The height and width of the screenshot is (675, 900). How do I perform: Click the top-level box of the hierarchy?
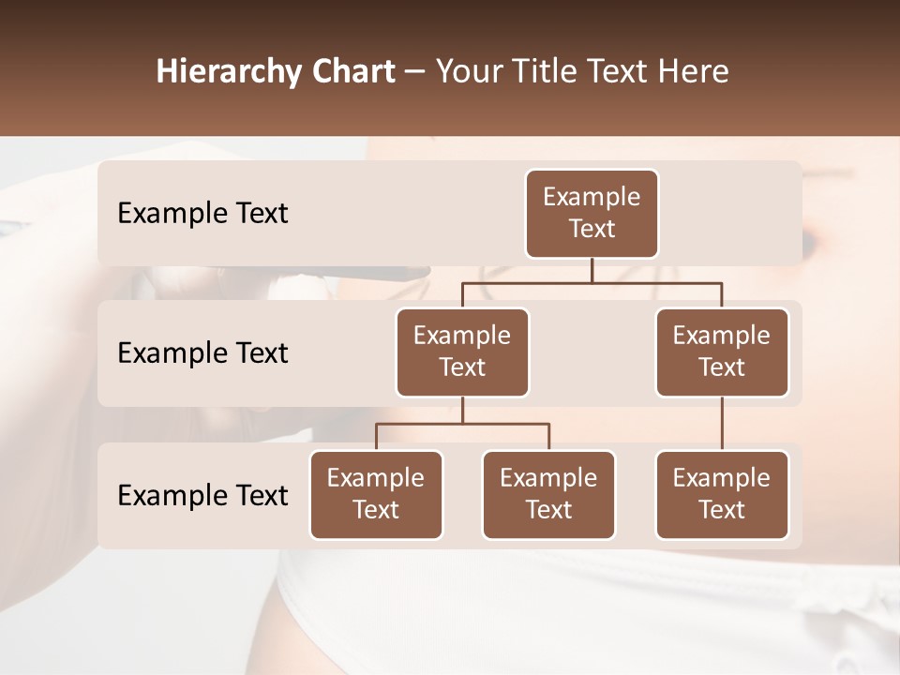point(592,213)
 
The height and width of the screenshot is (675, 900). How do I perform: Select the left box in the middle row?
point(462,352)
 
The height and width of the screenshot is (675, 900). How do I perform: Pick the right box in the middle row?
point(722,352)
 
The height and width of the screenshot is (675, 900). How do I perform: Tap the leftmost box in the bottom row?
point(376,494)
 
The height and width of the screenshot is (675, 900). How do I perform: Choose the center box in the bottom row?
point(548,494)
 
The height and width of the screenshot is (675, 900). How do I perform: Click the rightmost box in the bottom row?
point(722,494)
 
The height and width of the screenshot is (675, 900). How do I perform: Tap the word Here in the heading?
point(693,71)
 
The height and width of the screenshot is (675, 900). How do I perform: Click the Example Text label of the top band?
point(202,214)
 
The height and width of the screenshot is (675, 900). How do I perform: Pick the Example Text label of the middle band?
point(202,353)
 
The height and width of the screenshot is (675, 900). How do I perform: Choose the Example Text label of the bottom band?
point(202,495)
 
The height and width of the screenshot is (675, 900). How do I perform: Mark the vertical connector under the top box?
point(592,270)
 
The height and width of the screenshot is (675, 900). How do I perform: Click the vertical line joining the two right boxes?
point(722,424)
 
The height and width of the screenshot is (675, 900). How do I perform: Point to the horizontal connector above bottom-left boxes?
point(462,424)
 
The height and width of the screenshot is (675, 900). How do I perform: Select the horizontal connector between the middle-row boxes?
point(592,282)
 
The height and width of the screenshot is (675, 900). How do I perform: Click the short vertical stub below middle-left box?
point(462,410)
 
